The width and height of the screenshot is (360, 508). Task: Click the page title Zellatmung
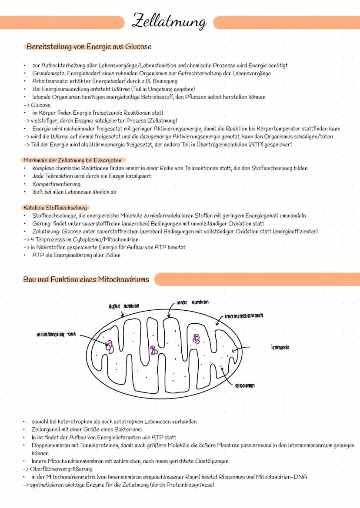point(170,21)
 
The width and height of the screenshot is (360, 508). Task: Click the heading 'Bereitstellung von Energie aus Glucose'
point(89,46)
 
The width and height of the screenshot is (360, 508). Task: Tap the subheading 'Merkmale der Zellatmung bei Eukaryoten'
point(72,160)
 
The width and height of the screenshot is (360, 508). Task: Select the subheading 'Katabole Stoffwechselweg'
point(55,208)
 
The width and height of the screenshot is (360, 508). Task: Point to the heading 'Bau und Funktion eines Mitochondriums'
point(86,279)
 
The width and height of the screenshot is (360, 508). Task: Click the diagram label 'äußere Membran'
point(121,306)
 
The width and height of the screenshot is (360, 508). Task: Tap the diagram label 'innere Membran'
point(193,302)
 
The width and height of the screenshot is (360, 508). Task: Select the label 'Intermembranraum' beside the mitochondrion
point(244,315)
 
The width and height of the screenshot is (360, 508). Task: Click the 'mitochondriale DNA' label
point(56,335)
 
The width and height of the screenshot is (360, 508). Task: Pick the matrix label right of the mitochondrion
point(280,347)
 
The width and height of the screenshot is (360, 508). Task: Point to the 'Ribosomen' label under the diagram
point(245,385)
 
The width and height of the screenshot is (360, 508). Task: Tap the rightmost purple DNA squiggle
point(197,339)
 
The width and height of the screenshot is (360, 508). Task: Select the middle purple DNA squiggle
point(154,350)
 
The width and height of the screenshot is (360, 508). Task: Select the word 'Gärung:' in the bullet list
point(42,223)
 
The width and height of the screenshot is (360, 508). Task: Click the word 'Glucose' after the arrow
point(41,105)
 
